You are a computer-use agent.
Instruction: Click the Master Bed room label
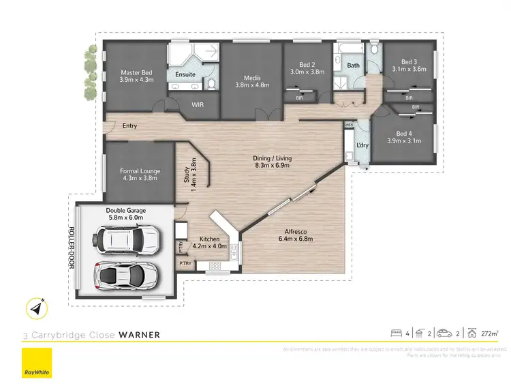click(x=136, y=72)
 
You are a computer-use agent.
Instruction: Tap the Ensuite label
click(x=185, y=74)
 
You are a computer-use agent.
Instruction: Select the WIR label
click(x=198, y=106)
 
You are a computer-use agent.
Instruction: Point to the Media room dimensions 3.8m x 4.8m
click(x=252, y=85)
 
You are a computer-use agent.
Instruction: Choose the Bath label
click(x=353, y=65)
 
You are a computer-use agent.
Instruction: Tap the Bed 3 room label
click(x=409, y=61)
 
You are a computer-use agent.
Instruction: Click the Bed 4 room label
click(x=404, y=133)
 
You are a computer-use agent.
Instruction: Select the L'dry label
click(x=363, y=145)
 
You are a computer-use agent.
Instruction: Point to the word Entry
click(x=129, y=125)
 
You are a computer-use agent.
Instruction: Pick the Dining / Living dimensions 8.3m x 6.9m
click(x=273, y=166)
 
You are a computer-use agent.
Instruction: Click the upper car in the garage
click(x=127, y=239)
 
